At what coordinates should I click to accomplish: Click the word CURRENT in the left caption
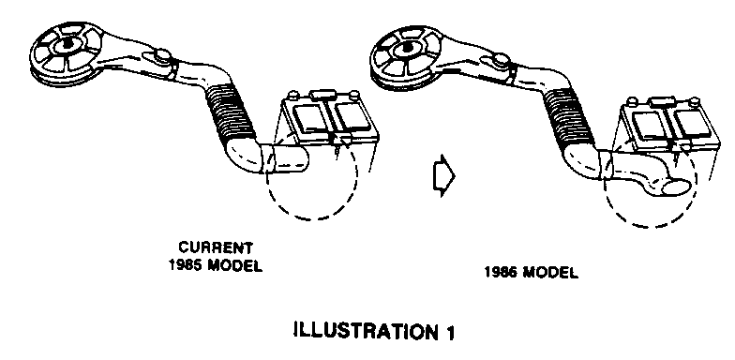pos(216,247)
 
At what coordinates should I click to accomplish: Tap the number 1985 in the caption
pos(186,266)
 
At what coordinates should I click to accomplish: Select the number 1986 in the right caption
pos(501,273)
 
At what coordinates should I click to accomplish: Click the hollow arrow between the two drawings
pos(442,176)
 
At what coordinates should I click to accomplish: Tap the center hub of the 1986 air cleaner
pos(406,48)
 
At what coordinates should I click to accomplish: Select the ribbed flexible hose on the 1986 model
pos(570,116)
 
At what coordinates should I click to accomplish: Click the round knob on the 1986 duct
pos(501,60)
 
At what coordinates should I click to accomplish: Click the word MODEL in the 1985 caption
pos(235,266)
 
